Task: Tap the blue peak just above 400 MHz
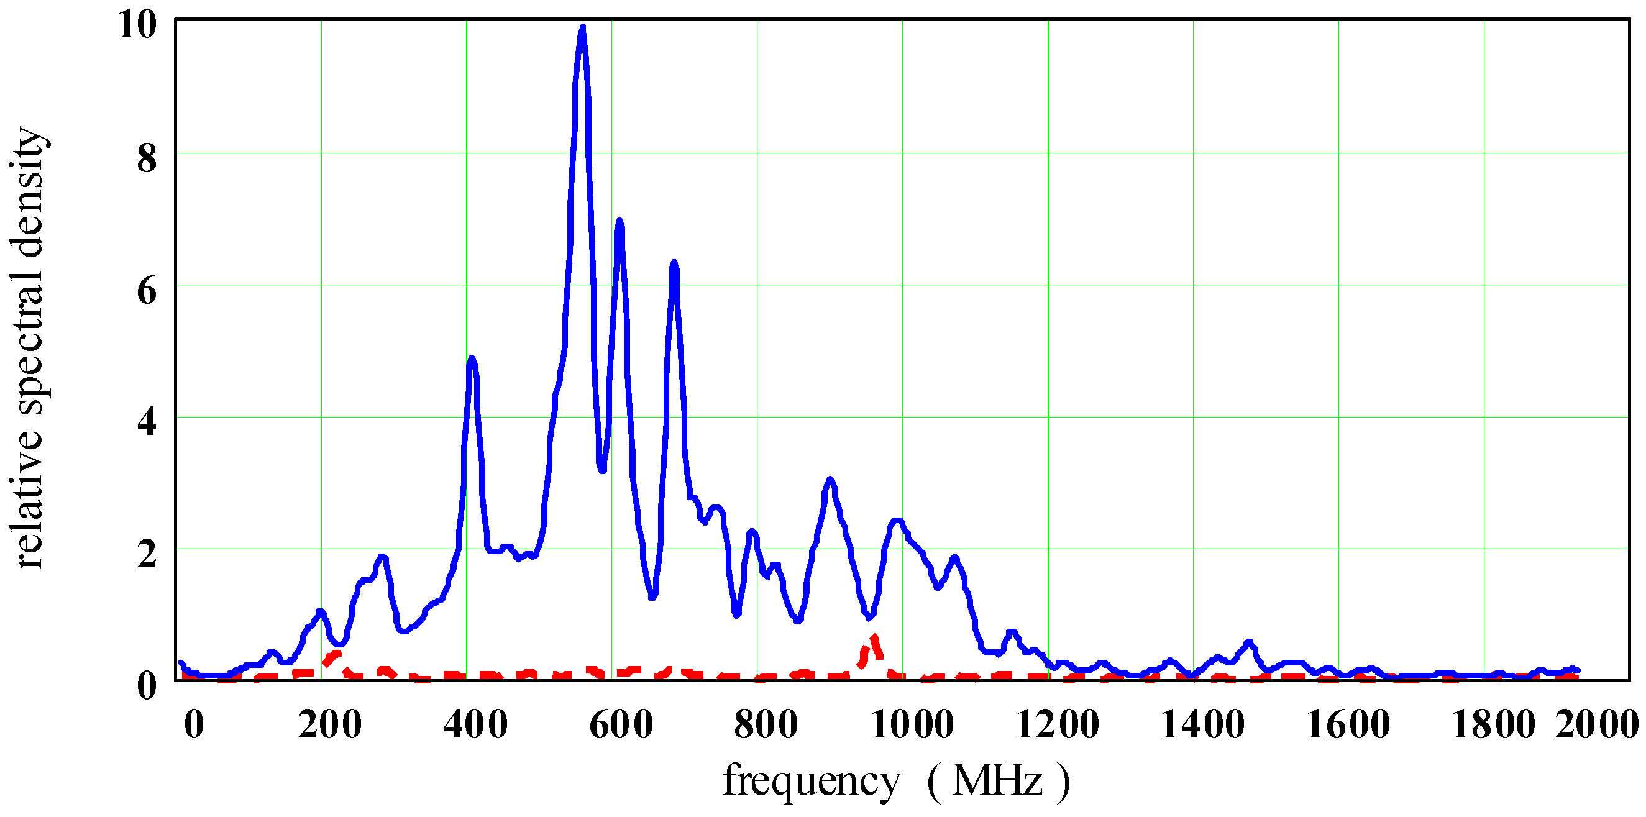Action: [472, 359]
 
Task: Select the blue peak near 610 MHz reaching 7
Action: [618, 222]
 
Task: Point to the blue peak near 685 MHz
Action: [674, 263]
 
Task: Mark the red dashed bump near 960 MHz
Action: [873, 637]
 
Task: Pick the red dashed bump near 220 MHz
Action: [334, 655]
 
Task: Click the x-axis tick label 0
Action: [194, 724]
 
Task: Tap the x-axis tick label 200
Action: [330, 724]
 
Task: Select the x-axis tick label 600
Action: [621, 724]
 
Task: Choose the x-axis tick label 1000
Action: [912, 724]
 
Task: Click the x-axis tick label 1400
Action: [1202, 724]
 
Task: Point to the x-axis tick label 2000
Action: [1596, 724]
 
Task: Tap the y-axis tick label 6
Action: [147, 291]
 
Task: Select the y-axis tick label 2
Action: [147, 553]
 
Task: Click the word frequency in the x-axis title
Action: [812, 780]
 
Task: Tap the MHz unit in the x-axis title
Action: [997, 780]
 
